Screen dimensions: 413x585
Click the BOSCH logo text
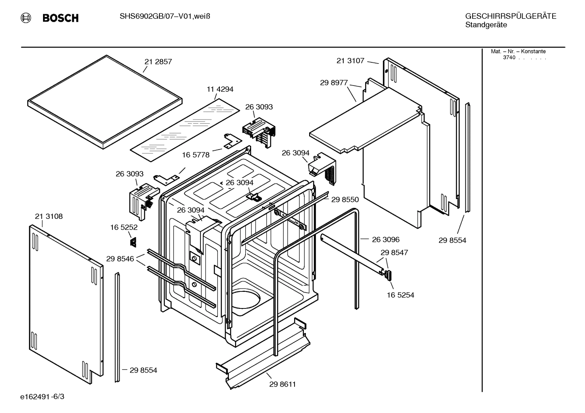pyautogui.click(x=60, y=18)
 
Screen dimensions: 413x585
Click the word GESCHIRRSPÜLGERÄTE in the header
pyautogui.click(x=510, y=16)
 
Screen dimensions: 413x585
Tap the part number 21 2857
pyautogui.click(x=158, y=62)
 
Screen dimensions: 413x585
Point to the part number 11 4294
pyautogui.click(x=220, y=89)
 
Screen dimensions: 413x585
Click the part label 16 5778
pyautogui.click(x=196, y=155)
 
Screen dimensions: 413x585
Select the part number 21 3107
pyautogui.click(x=351, y=61)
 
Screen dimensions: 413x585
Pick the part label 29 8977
pyautogui.click(x=334, y=83)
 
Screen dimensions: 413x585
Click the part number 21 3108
pyautogui.click(x=49, y=216)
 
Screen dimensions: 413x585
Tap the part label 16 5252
pyautogui.click(x=124, y=227)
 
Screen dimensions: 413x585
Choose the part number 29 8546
pyautogui.click(x=120, y=259)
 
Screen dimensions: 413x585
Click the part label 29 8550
pyautogui.click(x=345, y=199)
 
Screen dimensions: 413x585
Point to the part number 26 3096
pyautogui.click(x=386, y=240)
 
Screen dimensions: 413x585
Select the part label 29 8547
pyautogui.click(x=394, y=253)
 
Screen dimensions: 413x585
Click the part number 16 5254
pyautogui.click(x=400, y=295)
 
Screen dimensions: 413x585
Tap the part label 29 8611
pyautogui.click(x=282, y=384)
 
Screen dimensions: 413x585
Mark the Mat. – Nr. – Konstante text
pyautogui.click(x=518, y=51)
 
